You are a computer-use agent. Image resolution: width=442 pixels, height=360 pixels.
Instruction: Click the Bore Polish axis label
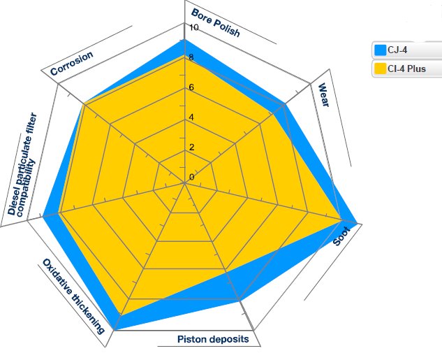point(216,23)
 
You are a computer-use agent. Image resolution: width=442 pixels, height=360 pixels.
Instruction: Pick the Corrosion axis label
point(72,63)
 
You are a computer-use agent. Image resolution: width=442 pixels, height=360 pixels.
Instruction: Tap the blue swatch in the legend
point(380,50)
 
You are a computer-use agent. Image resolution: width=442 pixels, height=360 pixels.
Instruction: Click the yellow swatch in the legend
point(380,69)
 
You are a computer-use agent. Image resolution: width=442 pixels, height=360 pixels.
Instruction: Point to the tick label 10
point(193,27)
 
